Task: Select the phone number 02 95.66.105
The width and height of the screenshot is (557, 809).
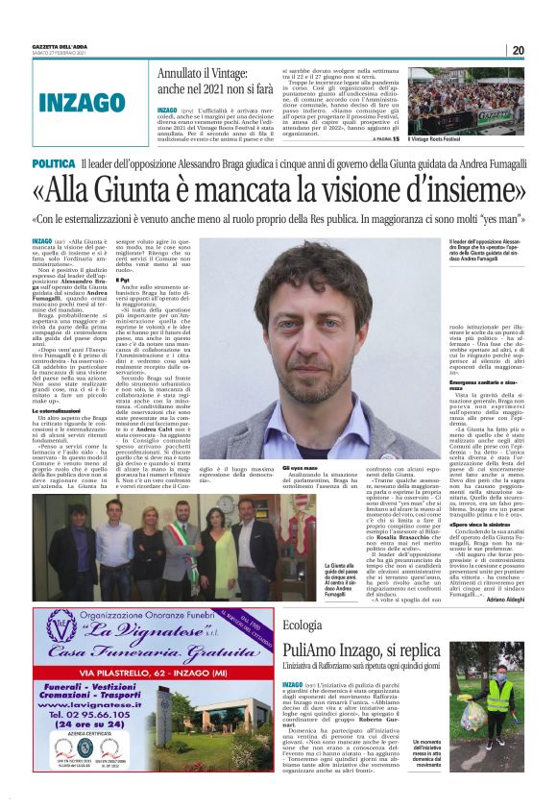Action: pyautogui.click(x=90, y=741)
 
